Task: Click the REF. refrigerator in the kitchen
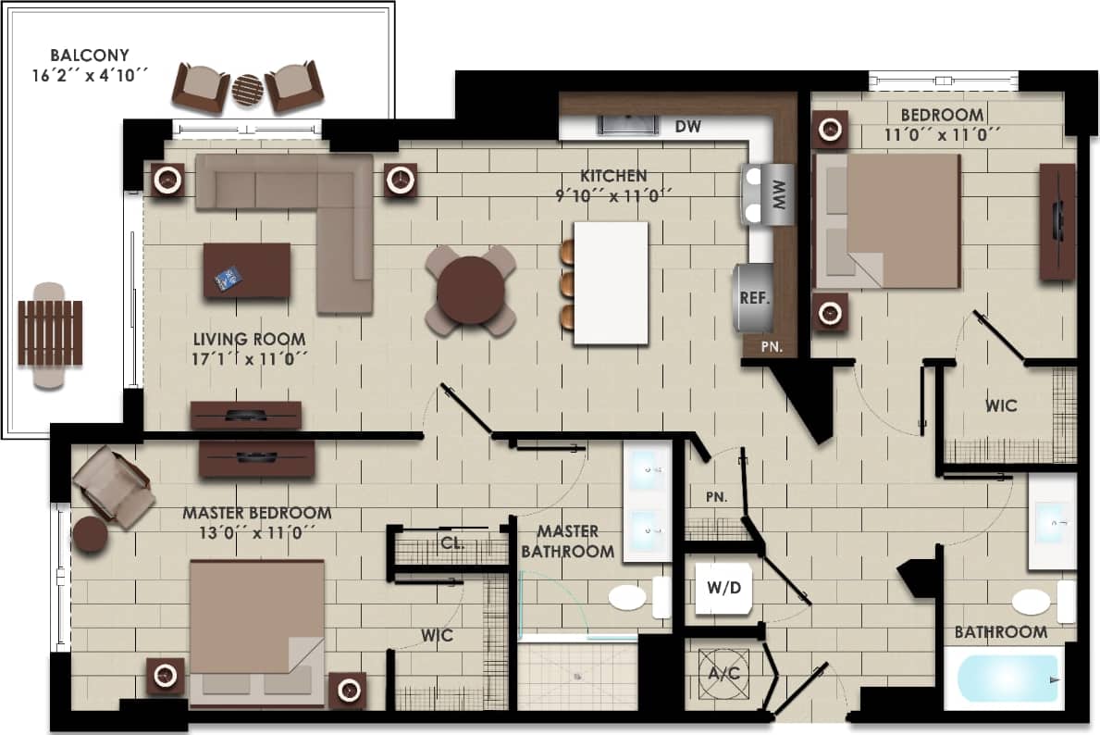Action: click(x=754, y=297)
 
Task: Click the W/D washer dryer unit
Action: click(x=723, y=589)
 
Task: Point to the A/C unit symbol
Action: click(x=723, y=672)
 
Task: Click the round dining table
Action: click(x=470, y=290)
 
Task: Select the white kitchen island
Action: click(x=611, y=283)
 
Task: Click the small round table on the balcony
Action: click(x=248, y=90)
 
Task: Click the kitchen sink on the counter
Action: click(x=627, y=125)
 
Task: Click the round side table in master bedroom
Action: click(x=91, y=535)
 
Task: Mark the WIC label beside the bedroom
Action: click(x=1000, y=405)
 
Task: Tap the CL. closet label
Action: click(x=451, y=543)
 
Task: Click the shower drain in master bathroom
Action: click(x=578, y=677)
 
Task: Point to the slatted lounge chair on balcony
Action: click(x=50, y=335)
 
